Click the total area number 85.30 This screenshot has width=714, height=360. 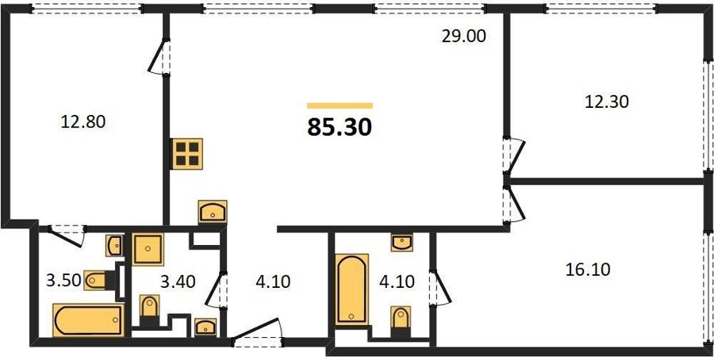(x=340, y=128)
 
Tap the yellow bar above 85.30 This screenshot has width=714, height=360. (x=340, y=105)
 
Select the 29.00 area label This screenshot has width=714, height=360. (x=464, y=36)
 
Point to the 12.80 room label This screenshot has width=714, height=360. (x=83, y=121)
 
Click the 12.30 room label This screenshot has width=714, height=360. (x=606, y=102)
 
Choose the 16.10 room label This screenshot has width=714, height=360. (x=587, y=270)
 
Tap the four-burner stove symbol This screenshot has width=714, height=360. (x=186, y=154)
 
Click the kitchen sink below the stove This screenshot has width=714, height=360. (x=213, y=212)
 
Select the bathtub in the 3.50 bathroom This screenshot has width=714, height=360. (x=89, y=320)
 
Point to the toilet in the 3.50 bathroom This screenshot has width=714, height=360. (x=98, y=281)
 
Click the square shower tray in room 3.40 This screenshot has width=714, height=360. (x=148, y=249)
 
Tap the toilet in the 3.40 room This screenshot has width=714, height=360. (x=149, y=309)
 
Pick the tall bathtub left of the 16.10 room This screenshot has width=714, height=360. (x=351, y=289)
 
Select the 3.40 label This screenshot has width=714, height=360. (x=178, y=281)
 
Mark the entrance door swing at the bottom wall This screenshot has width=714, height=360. (x=258, y=331)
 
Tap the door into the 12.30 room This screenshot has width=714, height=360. (x=514, y=155)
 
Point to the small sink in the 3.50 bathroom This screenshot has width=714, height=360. (x=113, y=246)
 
